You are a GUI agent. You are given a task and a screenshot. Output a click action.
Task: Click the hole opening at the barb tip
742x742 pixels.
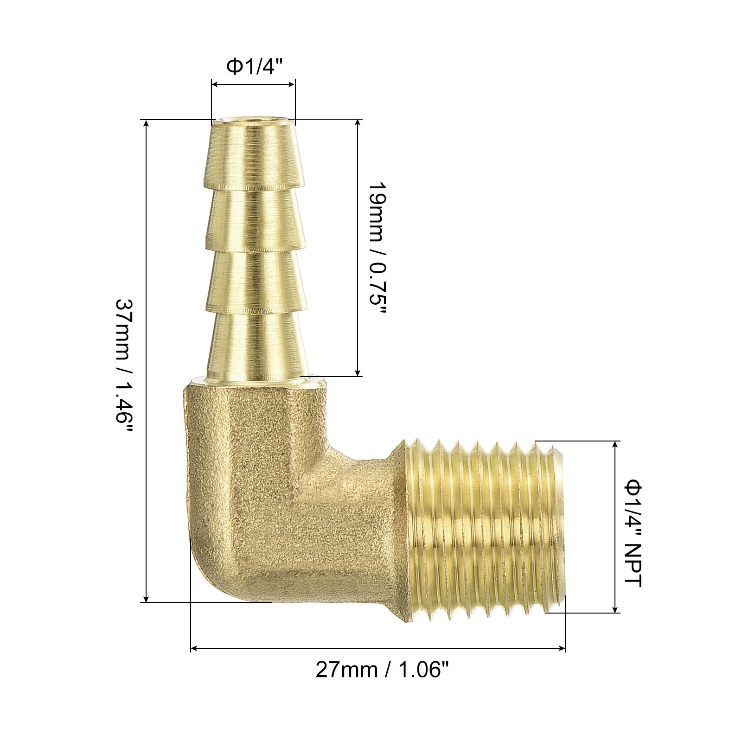253,124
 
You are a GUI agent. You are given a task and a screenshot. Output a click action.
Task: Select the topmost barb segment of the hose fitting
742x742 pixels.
253,155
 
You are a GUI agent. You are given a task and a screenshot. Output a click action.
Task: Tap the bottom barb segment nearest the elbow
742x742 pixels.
254,346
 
